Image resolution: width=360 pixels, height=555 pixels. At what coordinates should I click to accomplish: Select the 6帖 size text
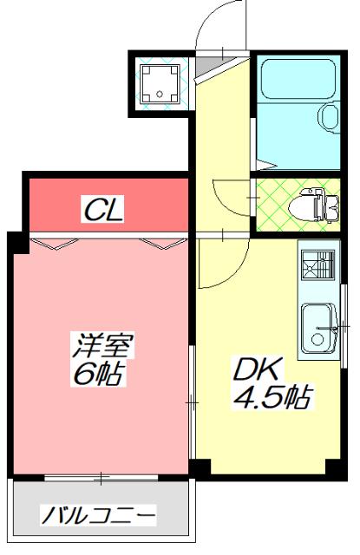point(98,375)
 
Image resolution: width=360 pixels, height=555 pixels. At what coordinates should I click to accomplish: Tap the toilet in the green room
point(310,206)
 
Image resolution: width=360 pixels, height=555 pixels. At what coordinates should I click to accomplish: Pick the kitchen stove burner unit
point(317,264)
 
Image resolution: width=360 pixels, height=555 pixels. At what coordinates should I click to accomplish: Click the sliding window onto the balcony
point(102,477)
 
